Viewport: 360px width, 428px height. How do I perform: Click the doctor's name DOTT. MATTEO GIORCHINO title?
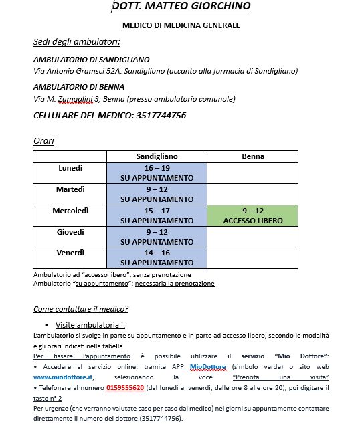(181, 7)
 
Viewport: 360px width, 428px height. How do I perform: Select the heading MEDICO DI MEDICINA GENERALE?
(181, 25)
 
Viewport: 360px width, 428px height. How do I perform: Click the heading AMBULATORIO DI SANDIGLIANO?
(91, 60)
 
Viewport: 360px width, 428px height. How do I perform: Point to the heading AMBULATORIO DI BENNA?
(78, 87)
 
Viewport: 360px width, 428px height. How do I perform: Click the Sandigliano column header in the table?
(157, 156)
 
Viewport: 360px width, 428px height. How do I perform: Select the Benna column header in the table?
(252, 156)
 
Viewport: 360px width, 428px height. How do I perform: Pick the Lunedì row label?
(70, 168)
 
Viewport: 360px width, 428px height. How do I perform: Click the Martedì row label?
(70, 189)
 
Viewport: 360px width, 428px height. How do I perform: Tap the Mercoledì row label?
(70, 211)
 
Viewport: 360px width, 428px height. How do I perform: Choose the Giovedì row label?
(70, 232)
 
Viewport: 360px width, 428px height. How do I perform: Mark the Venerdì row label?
(70, 253)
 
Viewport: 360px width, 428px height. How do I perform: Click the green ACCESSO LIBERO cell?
(252, 215)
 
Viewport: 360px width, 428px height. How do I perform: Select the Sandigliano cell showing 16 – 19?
(157, 173)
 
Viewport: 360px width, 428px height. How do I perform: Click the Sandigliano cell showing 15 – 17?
(157, 215)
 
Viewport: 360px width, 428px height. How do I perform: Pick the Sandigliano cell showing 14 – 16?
(157, 258)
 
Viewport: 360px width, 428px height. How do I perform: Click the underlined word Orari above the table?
(43, 141)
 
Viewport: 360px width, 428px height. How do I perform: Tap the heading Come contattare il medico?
(81, 309)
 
